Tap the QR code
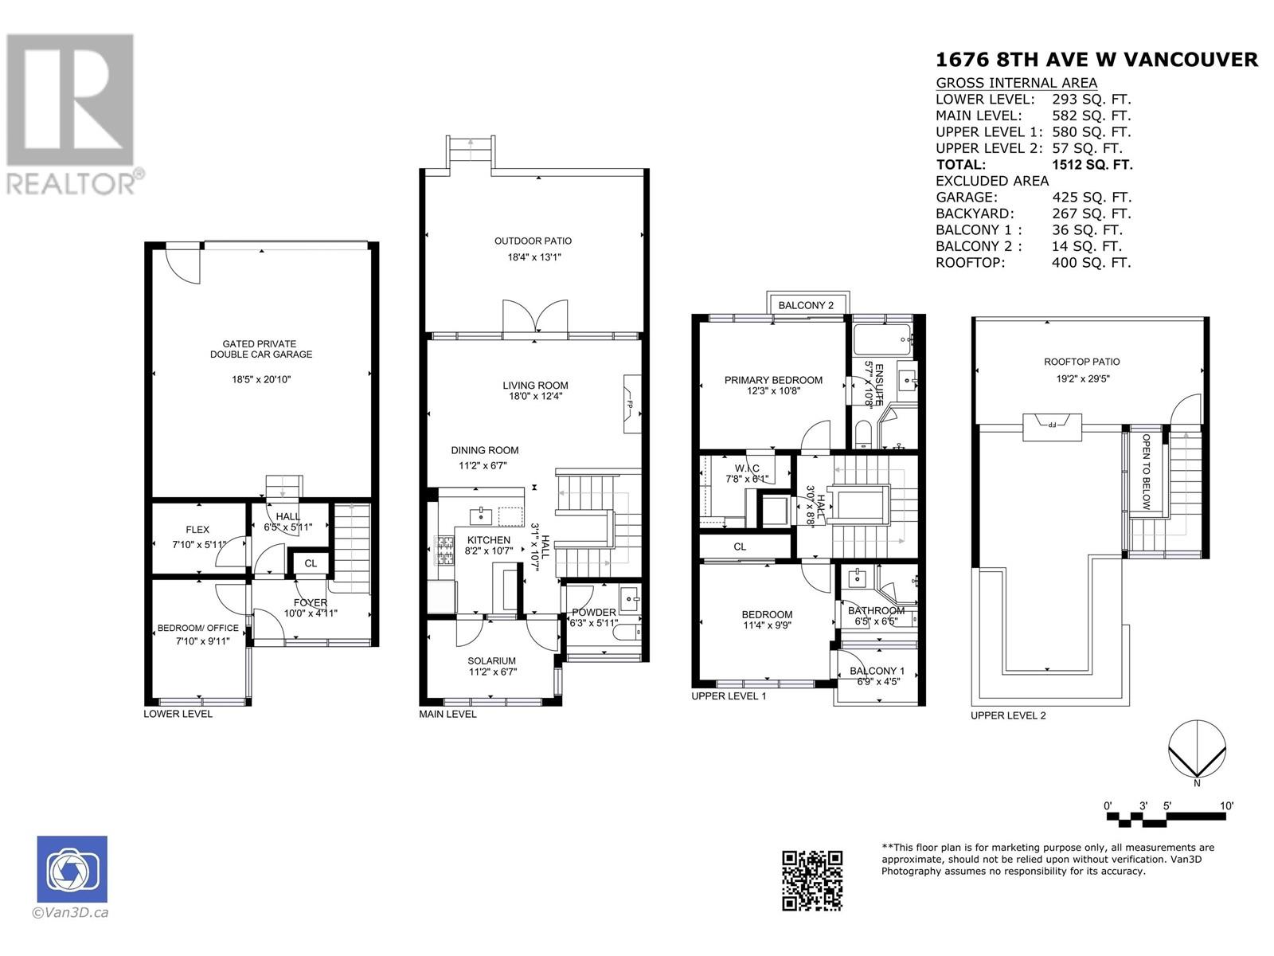(x=811, y=880)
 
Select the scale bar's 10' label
(x=1226, y=805)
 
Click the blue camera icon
(x=72, y=868)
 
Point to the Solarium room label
(x=492, y=660)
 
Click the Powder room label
(x=593, y=612)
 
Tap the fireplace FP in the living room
(x=630, y=404)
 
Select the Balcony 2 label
(x=806, y=305)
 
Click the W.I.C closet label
(x=747, y=467)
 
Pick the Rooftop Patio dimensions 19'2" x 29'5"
(x=1082, y=378)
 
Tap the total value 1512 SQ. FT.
(x=1092, y=165)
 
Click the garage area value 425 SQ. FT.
(x=1091, y=198)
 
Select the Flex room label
(x=197, y=529)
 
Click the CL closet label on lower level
(x=311, y=563)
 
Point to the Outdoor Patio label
(x=533, y=241)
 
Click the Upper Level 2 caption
(x=1008, y=715)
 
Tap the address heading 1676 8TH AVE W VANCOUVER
(x=1096, y=60)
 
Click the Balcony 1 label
(x=877, y=671)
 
